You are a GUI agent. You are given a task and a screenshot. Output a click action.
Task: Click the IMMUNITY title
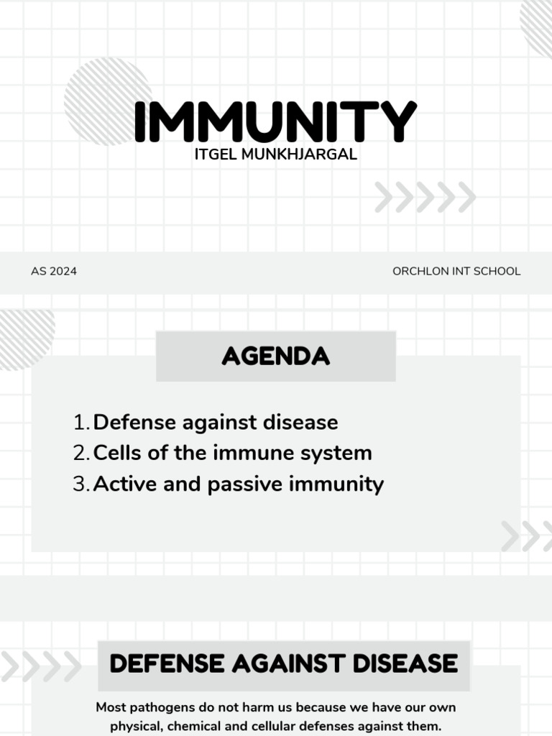click(275, 122)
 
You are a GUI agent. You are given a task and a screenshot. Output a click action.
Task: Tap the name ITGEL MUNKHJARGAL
click(275, 155)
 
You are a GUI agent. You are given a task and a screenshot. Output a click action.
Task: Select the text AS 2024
click(54, 272)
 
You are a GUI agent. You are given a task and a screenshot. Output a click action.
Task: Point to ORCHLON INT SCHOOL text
click(456, 272)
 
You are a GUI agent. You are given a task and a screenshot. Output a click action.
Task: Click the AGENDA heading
click(275, 356)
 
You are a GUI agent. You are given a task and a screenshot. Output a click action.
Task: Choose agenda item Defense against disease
click(216, 422)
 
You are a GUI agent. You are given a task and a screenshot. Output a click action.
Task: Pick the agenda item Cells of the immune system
click(232, 453)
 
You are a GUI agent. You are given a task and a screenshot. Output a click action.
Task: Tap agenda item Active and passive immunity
click(238, 484)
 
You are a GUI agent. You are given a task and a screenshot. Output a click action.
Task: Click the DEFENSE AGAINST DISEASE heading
click(283, 663)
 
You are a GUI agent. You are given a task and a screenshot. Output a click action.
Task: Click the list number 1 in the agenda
click(80, 423)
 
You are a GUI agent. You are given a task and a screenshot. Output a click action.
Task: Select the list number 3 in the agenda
click(80, 484)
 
